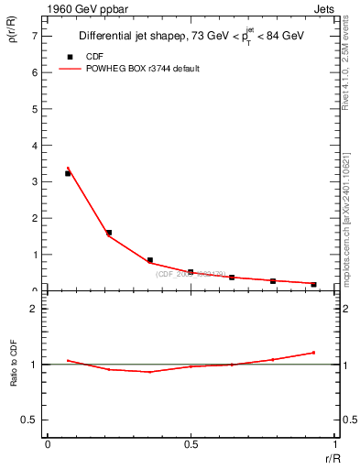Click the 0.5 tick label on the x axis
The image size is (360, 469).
click(191, 444)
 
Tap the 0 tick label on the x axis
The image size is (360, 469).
click(48, 444)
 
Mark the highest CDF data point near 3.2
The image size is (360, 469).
click(68, 173)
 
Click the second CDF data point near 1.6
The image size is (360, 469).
click(109, 233)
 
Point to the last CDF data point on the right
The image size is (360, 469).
click(313, 284)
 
